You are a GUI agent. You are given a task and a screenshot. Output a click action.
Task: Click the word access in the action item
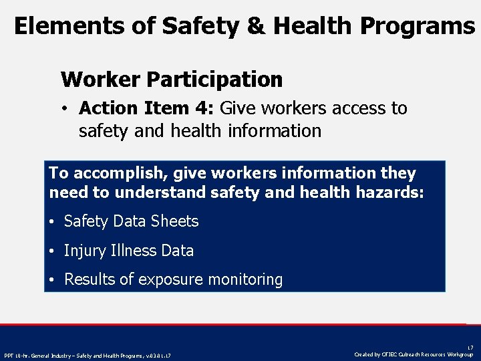pyautogui.click(x=354, y=108)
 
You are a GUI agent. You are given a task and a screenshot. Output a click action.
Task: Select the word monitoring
pyautogui.click(x=247, y=279)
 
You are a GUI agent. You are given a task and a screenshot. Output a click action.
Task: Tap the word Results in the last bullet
pyautogui.click(x=88, y=279)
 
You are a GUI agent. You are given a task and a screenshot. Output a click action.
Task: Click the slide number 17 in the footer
pyautogui.click(x=469, y=348)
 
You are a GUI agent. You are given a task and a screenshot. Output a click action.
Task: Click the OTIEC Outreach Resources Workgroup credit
pyautogui.click(x=414, y=354)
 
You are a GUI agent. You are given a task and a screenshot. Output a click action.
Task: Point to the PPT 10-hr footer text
pyautogui.click(x=87, y=355)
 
